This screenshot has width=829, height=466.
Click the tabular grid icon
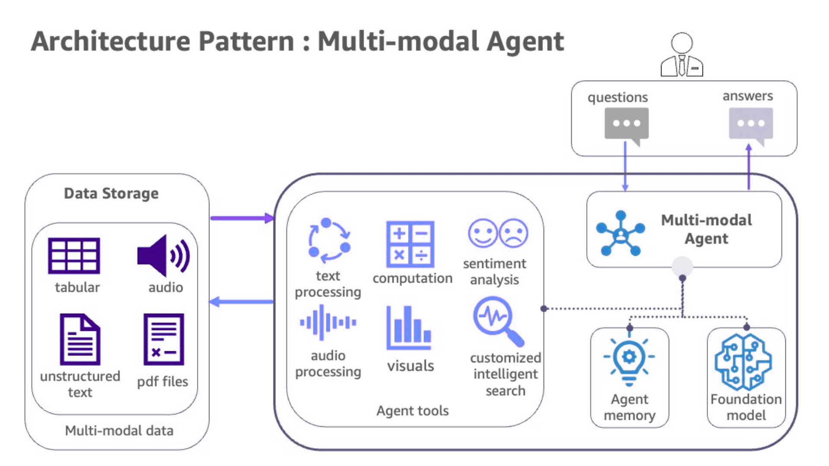pos(74,255)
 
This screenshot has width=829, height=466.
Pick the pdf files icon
pos(164,339)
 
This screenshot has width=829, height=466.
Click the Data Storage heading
pos(111,193)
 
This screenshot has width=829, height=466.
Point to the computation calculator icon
pos(410,244)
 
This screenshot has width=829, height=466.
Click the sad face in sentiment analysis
pos(513,233)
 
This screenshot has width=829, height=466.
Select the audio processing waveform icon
pos(328,322)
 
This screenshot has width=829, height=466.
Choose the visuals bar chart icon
pos(408,328)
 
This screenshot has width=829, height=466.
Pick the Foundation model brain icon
pos(744,362)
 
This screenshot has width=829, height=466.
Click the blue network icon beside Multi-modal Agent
pos(620,233)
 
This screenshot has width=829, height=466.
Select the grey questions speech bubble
pos(626,124)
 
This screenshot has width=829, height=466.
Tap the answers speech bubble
pos(751,124)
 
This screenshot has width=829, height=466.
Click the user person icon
pos(682,55)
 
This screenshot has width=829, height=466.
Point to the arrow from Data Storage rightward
pos(242,218)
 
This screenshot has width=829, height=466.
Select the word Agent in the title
pos(525,42)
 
